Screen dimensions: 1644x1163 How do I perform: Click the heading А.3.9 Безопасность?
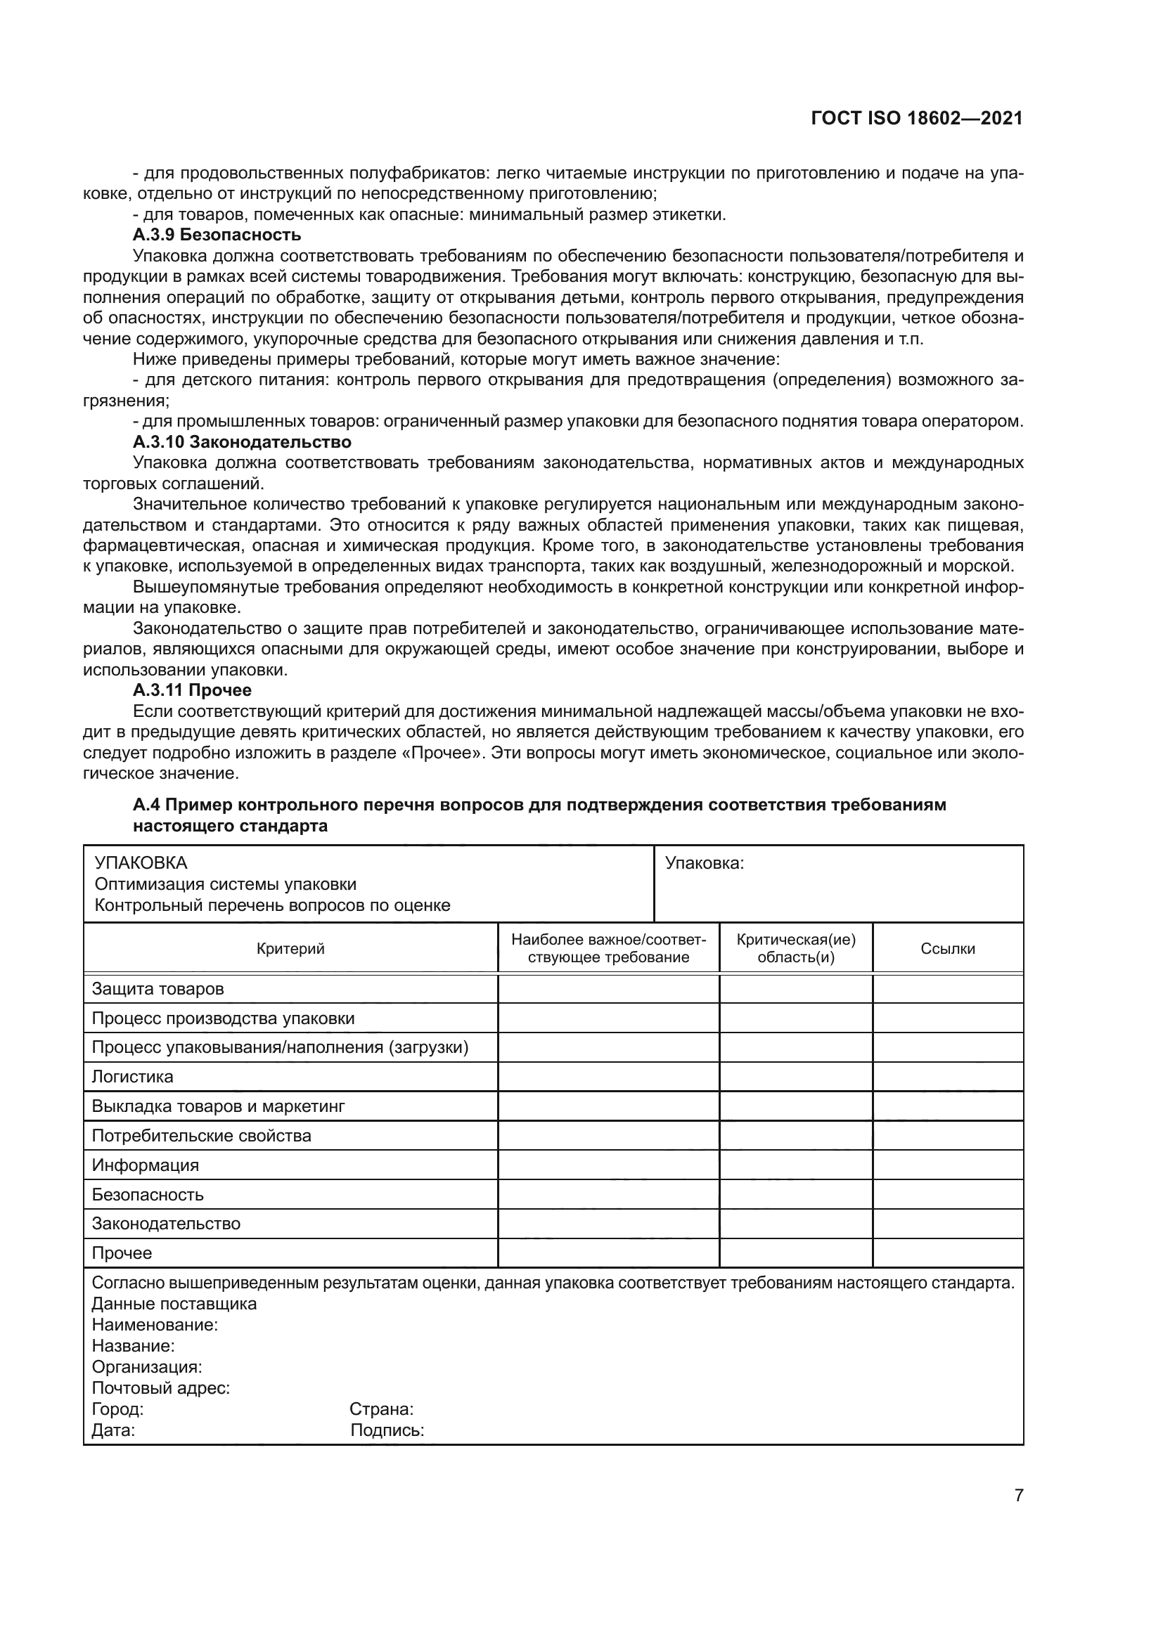(217, 235)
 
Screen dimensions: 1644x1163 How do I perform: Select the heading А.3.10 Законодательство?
(241, 442)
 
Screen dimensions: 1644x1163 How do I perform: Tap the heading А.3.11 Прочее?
(192, 690)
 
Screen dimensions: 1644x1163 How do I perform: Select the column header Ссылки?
(947, 949)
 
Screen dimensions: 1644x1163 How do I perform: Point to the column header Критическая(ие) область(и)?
(796, 949)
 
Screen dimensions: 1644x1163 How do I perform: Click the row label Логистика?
(132, 1077)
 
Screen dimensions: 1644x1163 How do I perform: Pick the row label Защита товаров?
(158, 989)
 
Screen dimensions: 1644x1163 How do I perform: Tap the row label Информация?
(146, 1165)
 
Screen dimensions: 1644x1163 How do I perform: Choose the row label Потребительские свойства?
(201, 1136)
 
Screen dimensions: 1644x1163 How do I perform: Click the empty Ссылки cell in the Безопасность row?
(947, 1194)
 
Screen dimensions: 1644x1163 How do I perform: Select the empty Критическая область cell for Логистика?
(796, 1077)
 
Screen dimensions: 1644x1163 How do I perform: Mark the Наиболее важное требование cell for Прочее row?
(608, 1253)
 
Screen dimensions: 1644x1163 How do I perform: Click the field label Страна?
(381, 1409)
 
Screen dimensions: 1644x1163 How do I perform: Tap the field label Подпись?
(387, 1430)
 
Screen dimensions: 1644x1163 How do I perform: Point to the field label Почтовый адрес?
(160, 1388)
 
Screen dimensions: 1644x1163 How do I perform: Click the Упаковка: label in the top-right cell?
(705, 864)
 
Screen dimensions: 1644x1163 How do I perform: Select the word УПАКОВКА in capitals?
(141, 863)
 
